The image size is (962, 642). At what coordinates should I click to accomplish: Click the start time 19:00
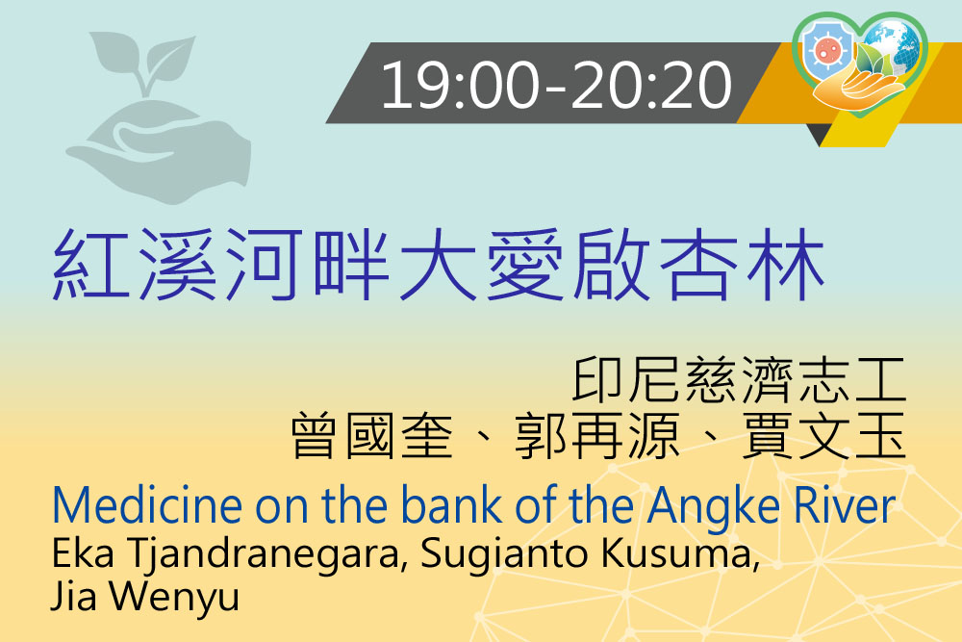pos(460,85)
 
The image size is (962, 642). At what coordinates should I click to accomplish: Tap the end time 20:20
pos(652,85)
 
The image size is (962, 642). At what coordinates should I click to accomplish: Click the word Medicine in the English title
pos(147,505)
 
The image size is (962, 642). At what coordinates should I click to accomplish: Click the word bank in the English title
pos(452,504)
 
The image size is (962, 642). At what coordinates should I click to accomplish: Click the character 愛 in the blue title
pos(525,264)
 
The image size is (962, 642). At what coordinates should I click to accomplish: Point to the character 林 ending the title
pos(786,264)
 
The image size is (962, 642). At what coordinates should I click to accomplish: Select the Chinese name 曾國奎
pos(371,436)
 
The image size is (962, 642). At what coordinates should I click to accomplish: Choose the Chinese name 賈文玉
pos(824,436)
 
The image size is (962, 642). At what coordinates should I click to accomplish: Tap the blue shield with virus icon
pos(828,50)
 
